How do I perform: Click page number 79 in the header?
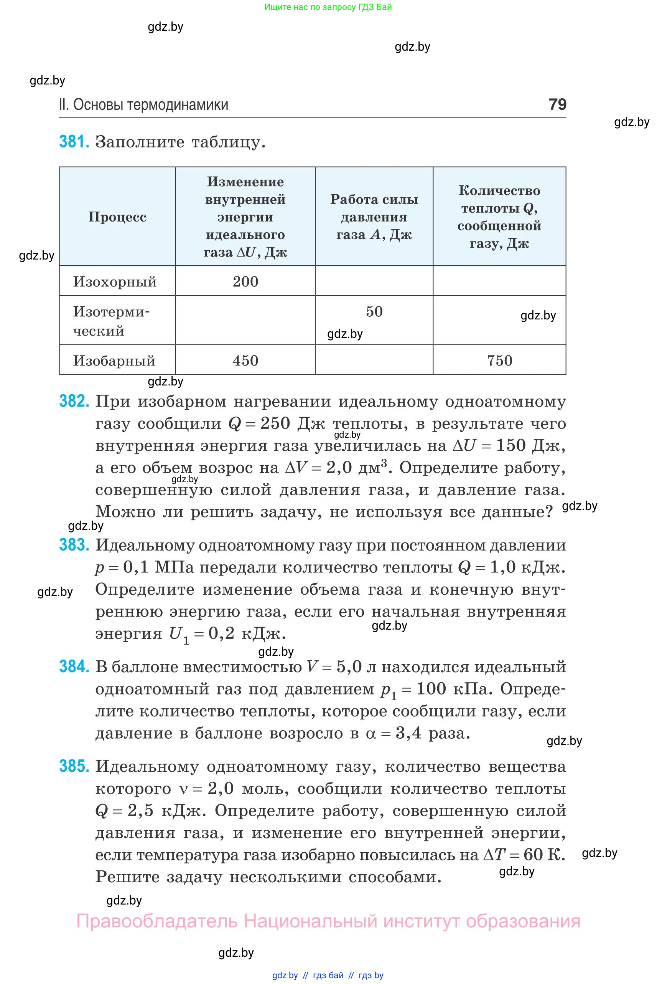557,104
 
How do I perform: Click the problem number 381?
74,142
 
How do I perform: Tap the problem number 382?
74,402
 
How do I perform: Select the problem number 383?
74,545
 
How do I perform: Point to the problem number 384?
74,666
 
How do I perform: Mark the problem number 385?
74,766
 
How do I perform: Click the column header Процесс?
117,217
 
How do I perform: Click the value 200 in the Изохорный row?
245,281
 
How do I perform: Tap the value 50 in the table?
374,312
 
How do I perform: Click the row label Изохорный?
115,281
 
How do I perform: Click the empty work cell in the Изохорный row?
374,281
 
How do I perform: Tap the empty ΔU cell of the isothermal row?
245,321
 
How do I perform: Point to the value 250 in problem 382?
275,423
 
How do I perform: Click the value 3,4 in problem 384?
408,733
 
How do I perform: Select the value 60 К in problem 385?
544,854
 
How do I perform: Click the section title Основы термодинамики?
150,104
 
